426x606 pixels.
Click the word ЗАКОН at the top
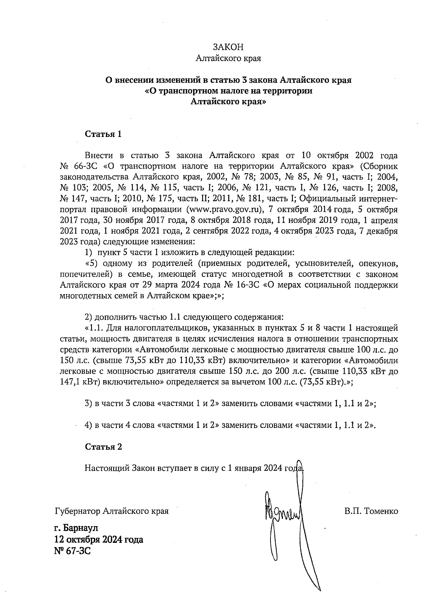[x=228, y=48]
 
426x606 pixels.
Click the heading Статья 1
[x=103, y=134]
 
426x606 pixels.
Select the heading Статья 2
[x=103, y=447]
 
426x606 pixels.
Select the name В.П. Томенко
[x=371, y=511]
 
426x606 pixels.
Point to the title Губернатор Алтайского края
[x=112, y=511]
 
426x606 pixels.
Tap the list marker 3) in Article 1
[x=88, y=403]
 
